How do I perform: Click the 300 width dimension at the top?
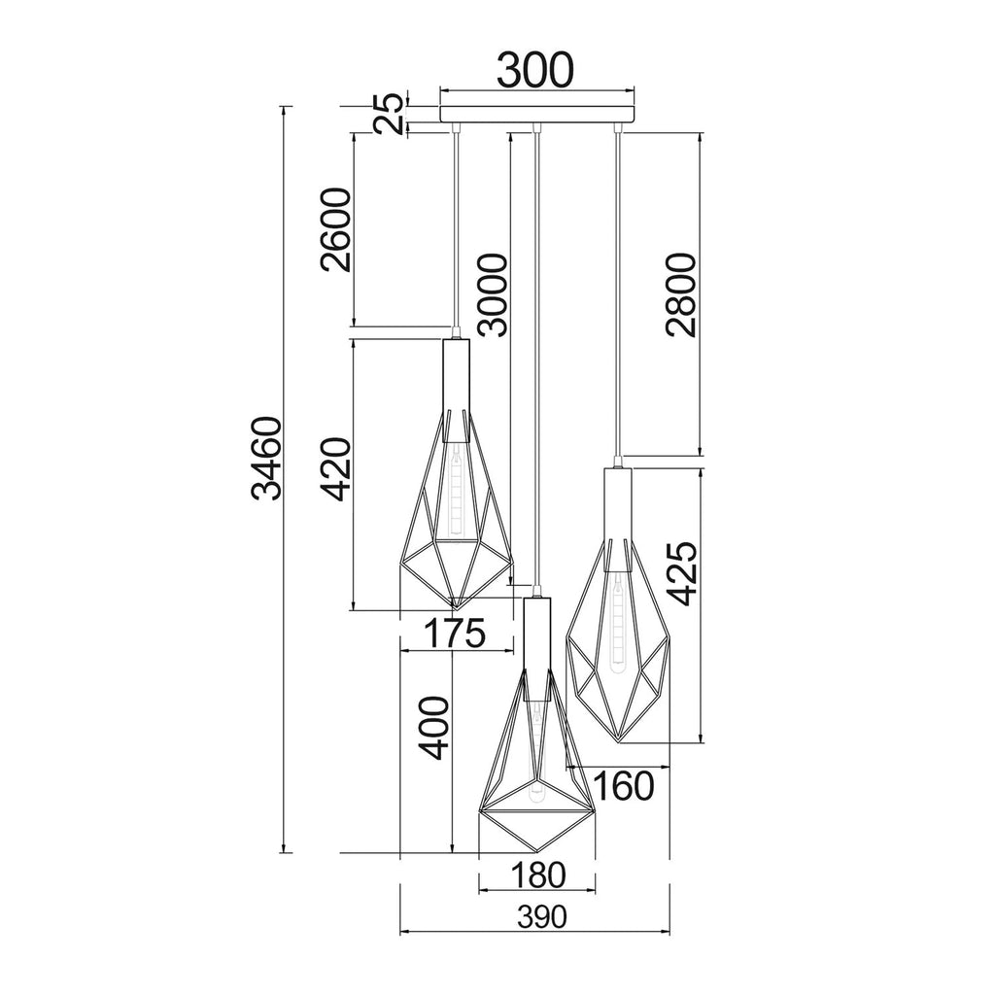pos(535,70)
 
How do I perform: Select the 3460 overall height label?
pos(266,459)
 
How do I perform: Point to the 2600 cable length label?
pos(335,229)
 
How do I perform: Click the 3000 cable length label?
pos(493,295)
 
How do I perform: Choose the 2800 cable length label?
pos(681,294)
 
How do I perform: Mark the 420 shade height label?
pos(335,469)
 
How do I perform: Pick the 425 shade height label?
pos(681,573)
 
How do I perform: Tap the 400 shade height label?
pos(434,728)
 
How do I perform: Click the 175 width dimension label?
pos(455,633)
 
